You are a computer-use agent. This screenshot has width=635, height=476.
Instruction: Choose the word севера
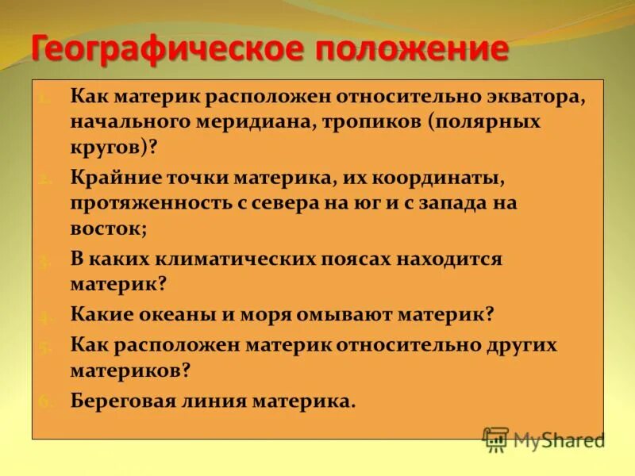tap(297, 202)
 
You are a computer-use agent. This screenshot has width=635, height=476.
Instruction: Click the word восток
tap(104, 228)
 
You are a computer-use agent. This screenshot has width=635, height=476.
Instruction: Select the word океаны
tap(188, 314)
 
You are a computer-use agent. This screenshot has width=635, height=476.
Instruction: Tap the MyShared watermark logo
tap(544, 440)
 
